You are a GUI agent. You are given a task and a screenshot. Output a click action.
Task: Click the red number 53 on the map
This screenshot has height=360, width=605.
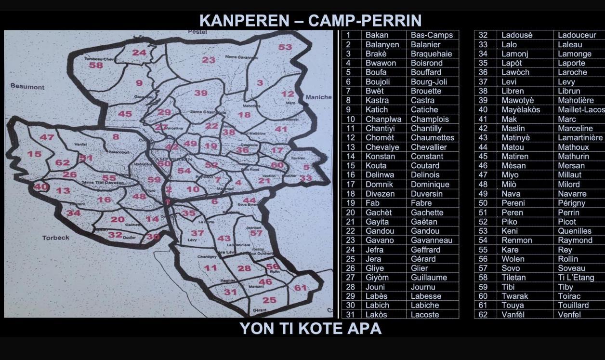tap(285, 47)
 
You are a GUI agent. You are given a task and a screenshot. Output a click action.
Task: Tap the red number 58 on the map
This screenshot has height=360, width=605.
tap(96, 66)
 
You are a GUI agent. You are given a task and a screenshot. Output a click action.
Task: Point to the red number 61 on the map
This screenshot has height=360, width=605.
tap(301, 288)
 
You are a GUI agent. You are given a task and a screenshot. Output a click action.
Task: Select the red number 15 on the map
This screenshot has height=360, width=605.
tap(34, 154)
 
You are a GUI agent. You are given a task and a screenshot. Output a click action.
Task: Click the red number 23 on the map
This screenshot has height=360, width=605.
tap(209, 60)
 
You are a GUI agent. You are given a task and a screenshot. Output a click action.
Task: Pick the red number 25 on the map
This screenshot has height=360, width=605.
tap(269, 300)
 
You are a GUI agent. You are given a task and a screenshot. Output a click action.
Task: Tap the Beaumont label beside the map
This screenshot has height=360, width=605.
tap(27, 87)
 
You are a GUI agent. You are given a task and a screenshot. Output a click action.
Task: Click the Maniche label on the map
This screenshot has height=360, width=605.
tap(318, 97)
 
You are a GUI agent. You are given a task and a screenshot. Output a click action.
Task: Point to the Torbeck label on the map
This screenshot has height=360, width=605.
tap(56, 238)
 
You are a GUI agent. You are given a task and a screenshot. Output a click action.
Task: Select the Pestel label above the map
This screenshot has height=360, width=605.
tap(197, 32)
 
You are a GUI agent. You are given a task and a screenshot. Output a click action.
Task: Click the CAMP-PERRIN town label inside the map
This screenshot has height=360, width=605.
tap(171, 159)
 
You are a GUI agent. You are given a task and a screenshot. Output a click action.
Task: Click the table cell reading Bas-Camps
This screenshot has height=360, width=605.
tap(432, 35)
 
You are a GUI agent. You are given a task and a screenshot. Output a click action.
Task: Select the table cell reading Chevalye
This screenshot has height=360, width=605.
tap(382, 147)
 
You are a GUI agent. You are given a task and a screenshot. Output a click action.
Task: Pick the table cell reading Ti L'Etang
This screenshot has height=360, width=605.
tap(576, 278)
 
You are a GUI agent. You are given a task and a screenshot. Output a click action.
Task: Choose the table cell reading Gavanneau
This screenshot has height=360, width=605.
tap(432, 240)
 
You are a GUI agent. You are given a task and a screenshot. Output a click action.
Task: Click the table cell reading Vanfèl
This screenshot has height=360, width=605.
tap(513, 315)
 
